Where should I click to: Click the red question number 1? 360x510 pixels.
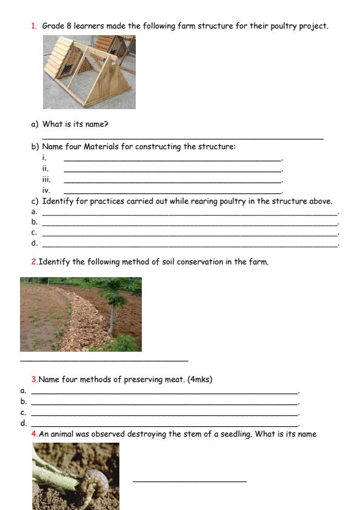33,26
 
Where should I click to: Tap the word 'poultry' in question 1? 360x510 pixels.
282,26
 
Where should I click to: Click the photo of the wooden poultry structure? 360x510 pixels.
89,72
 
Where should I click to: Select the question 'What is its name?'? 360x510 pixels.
75,124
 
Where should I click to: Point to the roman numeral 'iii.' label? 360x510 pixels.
46,180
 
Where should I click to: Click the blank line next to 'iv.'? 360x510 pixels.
173,192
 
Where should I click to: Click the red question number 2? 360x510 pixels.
34,262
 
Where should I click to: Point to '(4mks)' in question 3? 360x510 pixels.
199,380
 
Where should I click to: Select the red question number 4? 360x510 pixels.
34,434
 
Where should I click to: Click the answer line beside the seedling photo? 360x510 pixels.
189,481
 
